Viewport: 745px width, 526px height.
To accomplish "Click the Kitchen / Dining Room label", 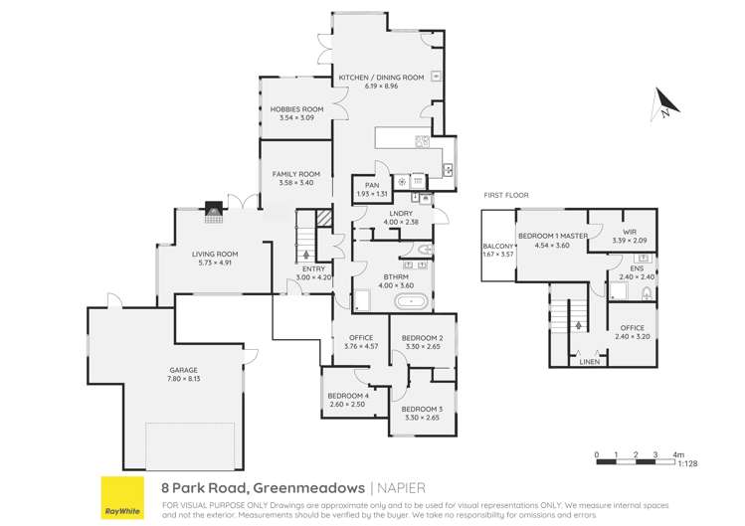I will pos(381,77).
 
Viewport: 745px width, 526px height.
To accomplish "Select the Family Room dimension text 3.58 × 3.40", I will pos(295,183).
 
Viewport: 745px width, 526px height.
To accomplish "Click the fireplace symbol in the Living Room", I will pos(213,210).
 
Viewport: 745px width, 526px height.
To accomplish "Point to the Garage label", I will pos(182,370).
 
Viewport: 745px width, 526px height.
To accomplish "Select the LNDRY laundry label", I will pos(402,213).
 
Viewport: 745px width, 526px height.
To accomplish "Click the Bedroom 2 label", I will pos(422,339).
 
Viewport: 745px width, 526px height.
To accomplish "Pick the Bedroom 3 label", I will pos(422,409).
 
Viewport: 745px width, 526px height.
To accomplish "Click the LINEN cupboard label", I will pos(590,362).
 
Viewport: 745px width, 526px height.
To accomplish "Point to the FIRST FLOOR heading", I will pos(505,196).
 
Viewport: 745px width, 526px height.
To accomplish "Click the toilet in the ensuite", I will pos(647,292).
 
